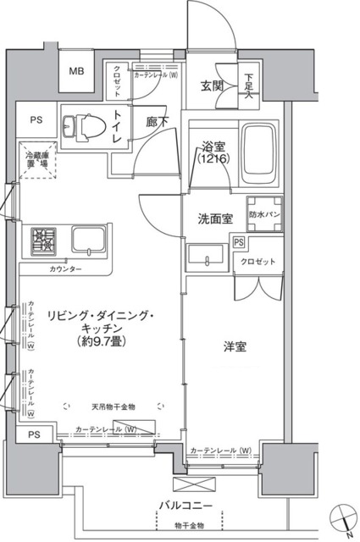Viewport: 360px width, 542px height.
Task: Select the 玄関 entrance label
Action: [212, 86]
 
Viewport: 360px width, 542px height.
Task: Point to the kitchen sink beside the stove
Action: [88, 239]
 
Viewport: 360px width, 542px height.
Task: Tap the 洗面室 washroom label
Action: [215, 219]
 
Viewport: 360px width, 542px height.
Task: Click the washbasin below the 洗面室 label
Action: [208, 256]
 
